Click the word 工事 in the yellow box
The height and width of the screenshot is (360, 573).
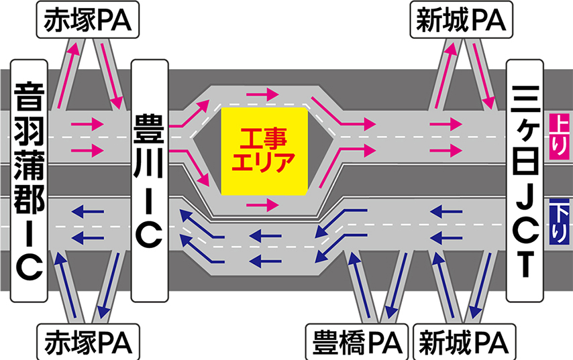coord(264,140)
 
